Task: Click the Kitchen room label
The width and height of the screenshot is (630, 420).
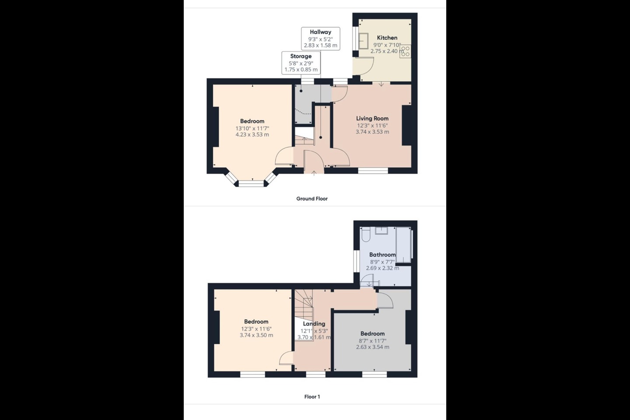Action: coord(387,38)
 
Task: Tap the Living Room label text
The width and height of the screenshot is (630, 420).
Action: coord(372,118)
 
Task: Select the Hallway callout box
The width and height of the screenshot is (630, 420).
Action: coord(320,38)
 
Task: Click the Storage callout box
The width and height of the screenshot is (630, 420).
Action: coord(301,63)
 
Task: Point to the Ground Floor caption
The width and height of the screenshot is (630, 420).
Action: coord(311,199)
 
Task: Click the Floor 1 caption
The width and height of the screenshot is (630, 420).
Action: coord(312,397)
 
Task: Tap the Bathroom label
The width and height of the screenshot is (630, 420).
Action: coord(382,255)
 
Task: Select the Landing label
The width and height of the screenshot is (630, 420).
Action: coord(314,324)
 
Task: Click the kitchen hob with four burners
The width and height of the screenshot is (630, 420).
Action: coord(405,52)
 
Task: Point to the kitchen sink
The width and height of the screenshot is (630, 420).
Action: coord(363,42)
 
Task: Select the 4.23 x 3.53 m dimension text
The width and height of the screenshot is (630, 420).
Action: coord(252,135)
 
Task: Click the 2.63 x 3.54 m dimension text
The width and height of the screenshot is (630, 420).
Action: coord(372,347)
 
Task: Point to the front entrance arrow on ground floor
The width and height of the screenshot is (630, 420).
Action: coord(314,173)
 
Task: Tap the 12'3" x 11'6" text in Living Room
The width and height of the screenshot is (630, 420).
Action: coord(372,126)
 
